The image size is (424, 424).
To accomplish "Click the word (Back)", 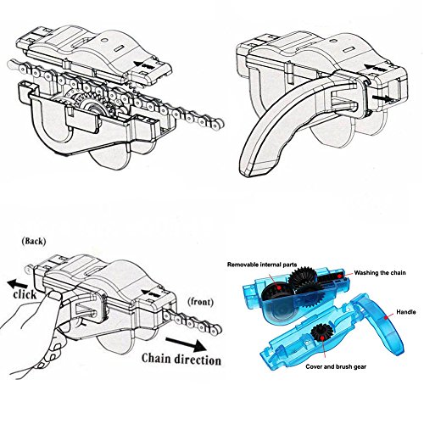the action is [x=34, y=241].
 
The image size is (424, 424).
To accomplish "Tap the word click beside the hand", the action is [x=25, y=294].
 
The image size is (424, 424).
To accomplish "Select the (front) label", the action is [x=200, y=302].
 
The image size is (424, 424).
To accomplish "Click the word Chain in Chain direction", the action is [x=156, y=358].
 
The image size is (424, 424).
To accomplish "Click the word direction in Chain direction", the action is [x=198, y=360].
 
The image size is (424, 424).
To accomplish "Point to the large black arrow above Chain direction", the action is [x=187, y=344].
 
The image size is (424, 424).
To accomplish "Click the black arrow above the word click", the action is [x=18, y=283].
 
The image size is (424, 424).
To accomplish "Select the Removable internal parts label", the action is [x=262, y=265].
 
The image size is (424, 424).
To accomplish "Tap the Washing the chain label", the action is [x=380, y=273].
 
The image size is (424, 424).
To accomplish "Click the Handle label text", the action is [x=406, y=312].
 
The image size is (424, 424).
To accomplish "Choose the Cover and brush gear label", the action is [x=336, y=366].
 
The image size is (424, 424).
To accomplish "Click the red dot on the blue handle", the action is [x=385, y=317].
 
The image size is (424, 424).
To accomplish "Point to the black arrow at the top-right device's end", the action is [x=382, y=98].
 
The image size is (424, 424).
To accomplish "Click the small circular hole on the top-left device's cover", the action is [x=104, y=40].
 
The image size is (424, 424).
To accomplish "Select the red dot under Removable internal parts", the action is [x=279, y=287].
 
